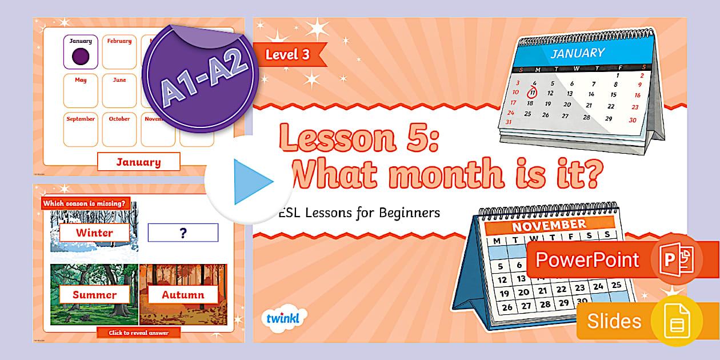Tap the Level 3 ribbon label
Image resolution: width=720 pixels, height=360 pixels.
289,55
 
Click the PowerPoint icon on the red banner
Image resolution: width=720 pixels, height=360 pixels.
676,260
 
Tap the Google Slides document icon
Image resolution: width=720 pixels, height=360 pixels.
677,321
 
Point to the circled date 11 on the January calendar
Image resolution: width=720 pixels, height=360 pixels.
532,93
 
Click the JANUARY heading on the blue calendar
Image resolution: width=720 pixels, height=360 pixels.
577,54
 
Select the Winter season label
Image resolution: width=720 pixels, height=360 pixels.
95,233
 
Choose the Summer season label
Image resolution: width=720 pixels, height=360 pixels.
94,295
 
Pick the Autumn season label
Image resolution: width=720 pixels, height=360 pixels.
183,295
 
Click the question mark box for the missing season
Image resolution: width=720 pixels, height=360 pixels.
183,233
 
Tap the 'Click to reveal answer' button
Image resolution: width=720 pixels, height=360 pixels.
139,333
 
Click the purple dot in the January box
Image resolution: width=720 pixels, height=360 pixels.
81,57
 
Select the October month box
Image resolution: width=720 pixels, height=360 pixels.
119,130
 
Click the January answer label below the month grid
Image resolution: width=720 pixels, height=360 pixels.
138,162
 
